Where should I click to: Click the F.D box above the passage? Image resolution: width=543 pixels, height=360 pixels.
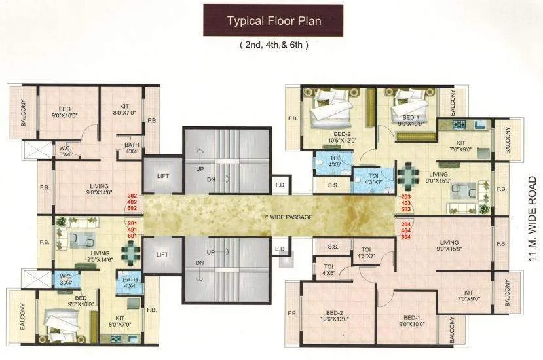click(280, 185)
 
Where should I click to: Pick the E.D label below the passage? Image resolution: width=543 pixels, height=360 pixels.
click(280, 249)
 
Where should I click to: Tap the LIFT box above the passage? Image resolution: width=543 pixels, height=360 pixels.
click(162, 175)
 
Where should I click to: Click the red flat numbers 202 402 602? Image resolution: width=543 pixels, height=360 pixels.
click(132, 202)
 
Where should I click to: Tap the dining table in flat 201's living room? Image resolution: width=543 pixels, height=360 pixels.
click(131, 251)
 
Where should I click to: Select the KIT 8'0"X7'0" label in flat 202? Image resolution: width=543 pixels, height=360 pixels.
click(124, 109)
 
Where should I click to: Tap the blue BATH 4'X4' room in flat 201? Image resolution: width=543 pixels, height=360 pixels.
click(128, 283)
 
